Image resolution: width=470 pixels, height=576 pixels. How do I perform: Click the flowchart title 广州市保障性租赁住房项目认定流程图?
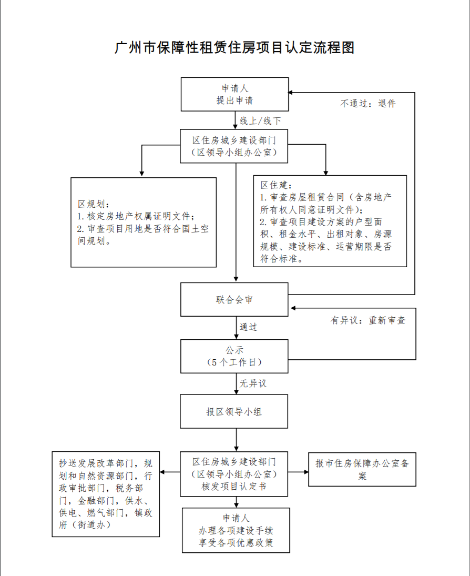(x=234, y=47)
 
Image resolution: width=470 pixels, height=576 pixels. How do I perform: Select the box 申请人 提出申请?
(x=234, y=94)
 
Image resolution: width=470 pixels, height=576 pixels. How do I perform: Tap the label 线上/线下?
(x=260, y=121)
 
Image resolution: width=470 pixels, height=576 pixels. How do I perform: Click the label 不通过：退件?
(x=367, y=104)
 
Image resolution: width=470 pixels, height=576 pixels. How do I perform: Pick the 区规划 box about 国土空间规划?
(x=144, y=222)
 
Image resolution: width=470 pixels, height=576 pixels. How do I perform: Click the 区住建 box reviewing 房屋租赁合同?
(x=330, y=221)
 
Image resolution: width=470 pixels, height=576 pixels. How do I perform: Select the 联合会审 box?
(x=234, y=299)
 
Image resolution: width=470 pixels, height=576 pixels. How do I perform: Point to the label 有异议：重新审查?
(x=367, y=320)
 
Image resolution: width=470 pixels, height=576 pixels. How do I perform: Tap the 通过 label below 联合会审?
(x=249, y=327)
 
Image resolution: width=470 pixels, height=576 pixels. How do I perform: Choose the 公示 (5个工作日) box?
(x=234, y=356)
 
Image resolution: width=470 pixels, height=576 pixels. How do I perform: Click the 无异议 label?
(x=253, y=383)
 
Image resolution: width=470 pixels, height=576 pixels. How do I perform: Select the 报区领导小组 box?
(x=234, y=411)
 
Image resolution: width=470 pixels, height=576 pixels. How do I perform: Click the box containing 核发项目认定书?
(x=234, y=473)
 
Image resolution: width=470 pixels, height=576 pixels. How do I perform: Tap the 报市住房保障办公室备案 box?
(x=362, y=469)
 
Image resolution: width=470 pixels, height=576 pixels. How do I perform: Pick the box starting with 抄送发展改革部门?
(x=106, y=494)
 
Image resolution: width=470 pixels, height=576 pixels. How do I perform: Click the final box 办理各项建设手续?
(x=236, y=530)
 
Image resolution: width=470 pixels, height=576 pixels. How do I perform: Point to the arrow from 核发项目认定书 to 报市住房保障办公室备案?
(x=298, y=471)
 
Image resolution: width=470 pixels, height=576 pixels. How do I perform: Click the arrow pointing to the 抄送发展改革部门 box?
(x=170, y=471)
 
